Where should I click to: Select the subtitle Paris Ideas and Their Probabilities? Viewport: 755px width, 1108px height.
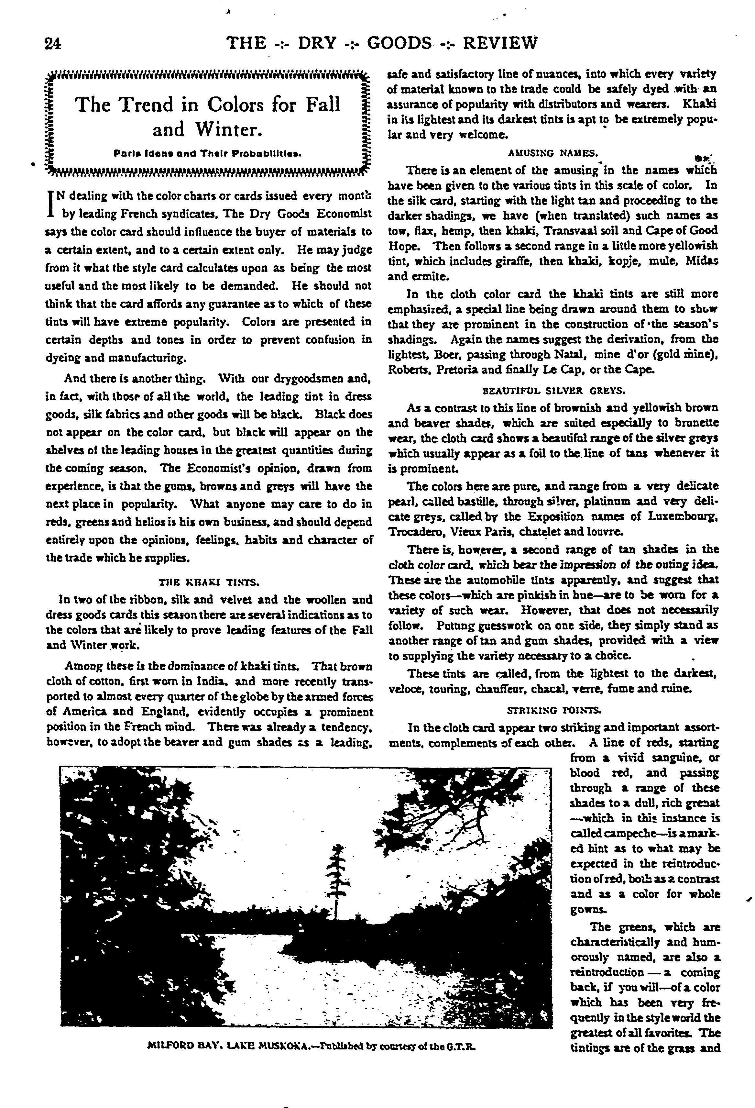(x=207, y=154)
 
